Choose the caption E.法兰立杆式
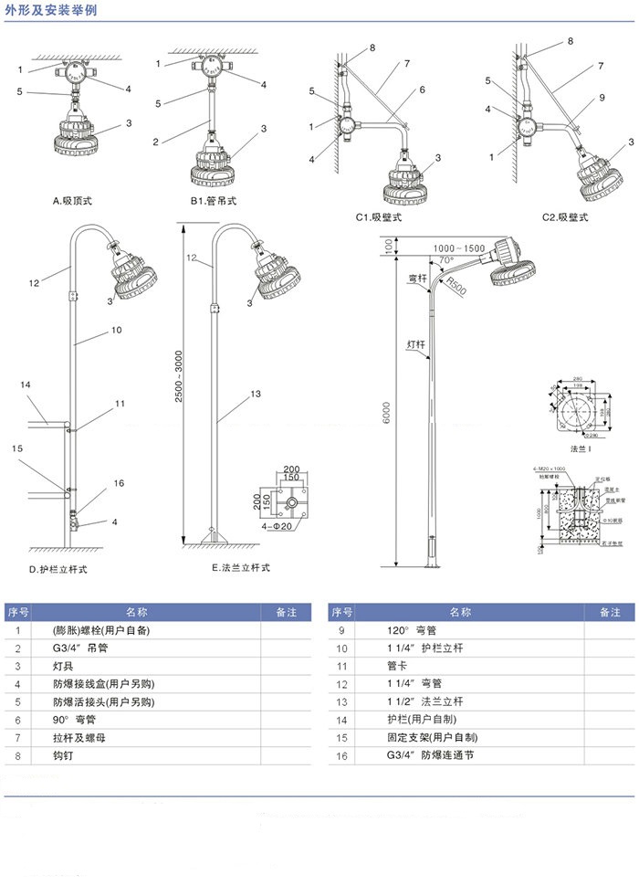click(241, 568)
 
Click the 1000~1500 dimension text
click(459, 248)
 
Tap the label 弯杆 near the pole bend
click(417, 278)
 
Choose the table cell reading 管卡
click(397, 667)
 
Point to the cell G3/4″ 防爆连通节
click(430, 756)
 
